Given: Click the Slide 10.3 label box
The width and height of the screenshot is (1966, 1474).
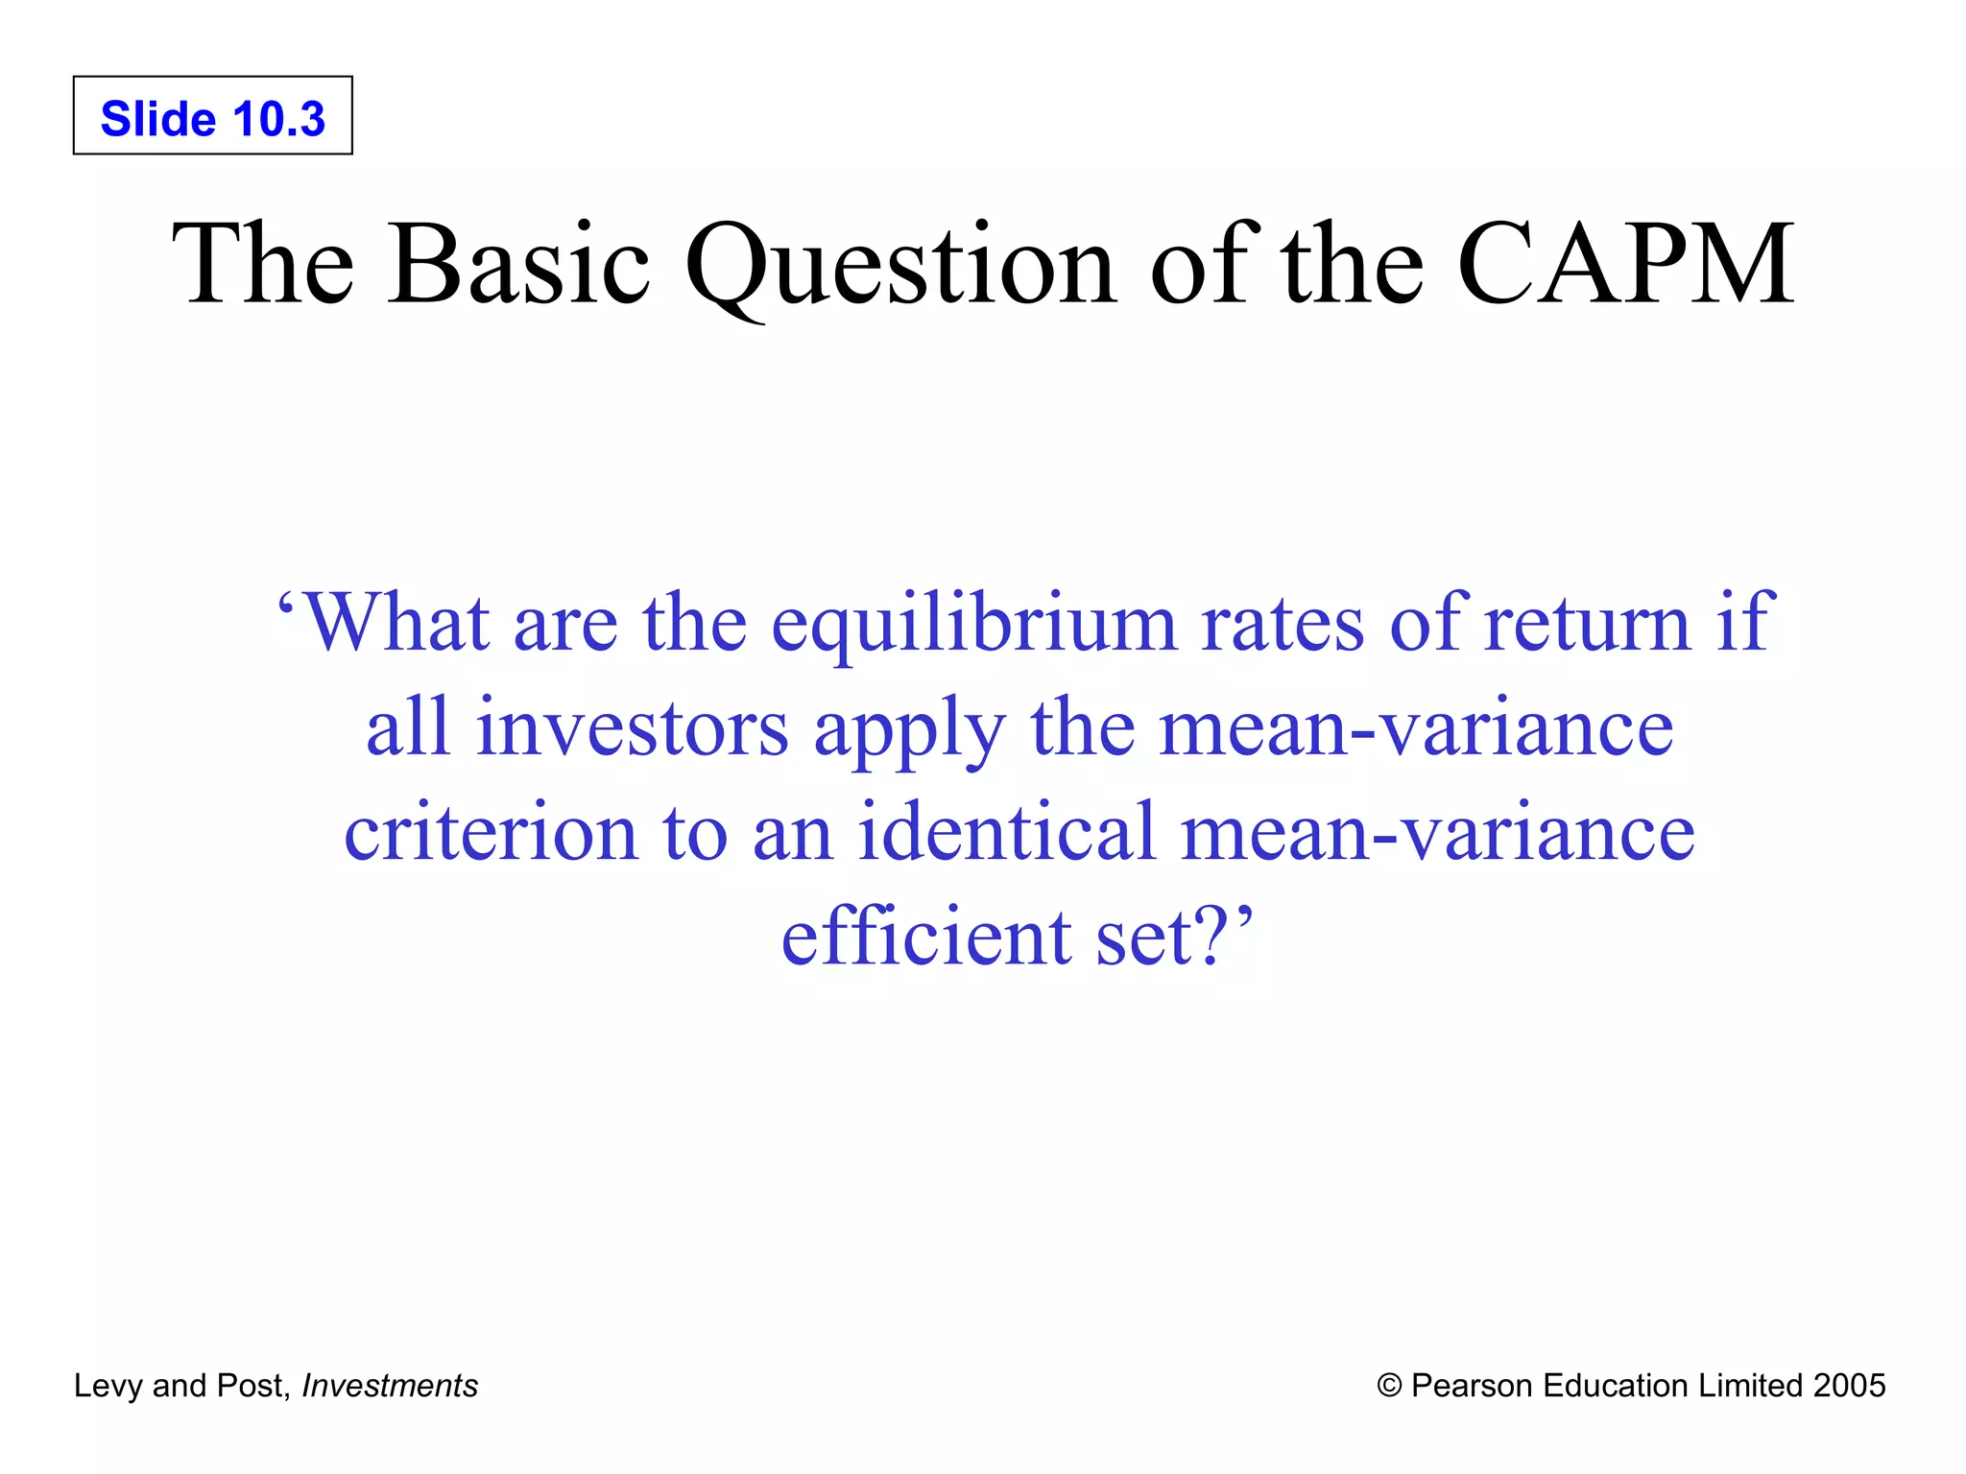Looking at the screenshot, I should click(x=212, y=116).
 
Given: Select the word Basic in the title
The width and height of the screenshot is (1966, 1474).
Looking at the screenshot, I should click(x=518, y=264).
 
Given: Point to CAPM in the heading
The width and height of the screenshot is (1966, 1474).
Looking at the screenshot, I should click(x=1624, y=264).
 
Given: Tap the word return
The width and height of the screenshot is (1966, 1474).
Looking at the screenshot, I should click(x=1586, y=623).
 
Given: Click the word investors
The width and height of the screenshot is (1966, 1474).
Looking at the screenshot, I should click(x=633, y=728).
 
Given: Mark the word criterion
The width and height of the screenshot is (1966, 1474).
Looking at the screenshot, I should click(x=491, y=832).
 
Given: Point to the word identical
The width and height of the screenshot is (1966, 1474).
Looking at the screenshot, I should click(x=1007, y=832).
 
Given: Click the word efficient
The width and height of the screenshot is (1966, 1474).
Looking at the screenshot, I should click(x=926, y=936).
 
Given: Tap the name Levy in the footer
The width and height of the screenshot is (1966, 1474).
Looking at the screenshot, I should click(x=108, y=1386).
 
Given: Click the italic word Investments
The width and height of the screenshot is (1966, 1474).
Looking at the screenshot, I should click(x=390, y=1386).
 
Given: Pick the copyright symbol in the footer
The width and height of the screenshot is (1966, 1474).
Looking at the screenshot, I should click(x=1389, y=1386).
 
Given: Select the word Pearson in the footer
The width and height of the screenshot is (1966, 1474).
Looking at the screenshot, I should click(x=1472, y=1386).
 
